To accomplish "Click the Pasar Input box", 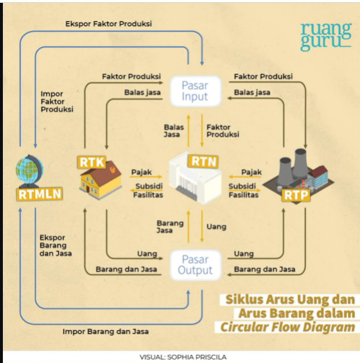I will [194, 91].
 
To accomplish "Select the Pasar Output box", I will [195, 264].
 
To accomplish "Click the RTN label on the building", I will [204, 161].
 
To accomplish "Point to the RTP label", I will [296, 195].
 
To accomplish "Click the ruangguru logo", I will [325, 36].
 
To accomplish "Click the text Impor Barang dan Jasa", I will [106, 331].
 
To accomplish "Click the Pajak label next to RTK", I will [141, 172].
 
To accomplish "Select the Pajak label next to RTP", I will [252, 172].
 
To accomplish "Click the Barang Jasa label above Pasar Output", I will [170, 226].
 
